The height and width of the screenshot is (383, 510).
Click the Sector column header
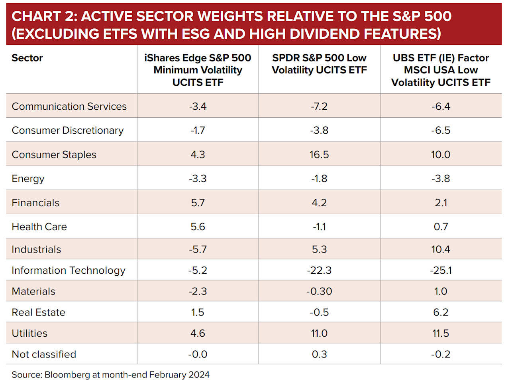(x=27, y=58)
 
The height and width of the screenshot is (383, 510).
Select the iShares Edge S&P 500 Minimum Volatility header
(x=198, y=70)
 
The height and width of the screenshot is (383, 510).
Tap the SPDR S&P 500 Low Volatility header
(x=319, y=64)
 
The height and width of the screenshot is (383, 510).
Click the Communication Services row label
(x=69, y=107)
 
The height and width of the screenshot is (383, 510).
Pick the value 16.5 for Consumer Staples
(x=319, y=155)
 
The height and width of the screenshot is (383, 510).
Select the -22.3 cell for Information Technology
(x=319, y=270)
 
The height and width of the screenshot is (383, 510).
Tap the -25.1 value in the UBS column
(x=441, y=270)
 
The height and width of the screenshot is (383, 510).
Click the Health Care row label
(x=39, y=227)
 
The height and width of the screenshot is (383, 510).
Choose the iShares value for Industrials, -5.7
(x=198, y=250)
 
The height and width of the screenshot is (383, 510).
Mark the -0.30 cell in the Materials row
(x=319, y=292)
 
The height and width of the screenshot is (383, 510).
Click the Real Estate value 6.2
(x=441, y=312)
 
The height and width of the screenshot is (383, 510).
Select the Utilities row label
(x=29, y=334)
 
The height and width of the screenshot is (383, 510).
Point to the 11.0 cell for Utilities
(x=319, y=334)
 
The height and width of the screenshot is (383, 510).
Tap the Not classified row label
(x=44, y=354)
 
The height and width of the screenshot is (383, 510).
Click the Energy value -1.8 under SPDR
(x=319, y=179)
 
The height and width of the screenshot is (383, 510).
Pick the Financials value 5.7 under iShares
(x=198, y=203)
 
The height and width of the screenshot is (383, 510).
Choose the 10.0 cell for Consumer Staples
(x=441, y=155)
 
